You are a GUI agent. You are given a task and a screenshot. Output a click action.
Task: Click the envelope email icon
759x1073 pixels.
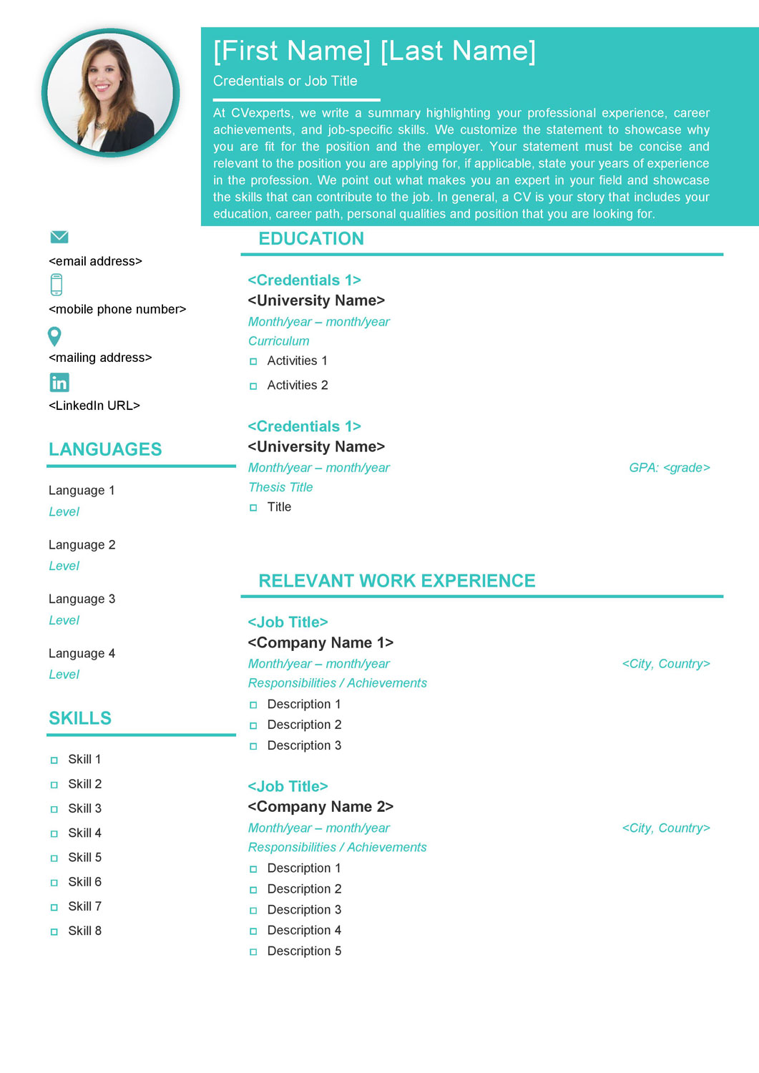tap(59, 237)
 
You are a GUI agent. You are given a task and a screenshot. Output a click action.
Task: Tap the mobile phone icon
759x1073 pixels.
tap(57, 285)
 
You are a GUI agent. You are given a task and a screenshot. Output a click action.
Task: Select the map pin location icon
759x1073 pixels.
tap(54, 335)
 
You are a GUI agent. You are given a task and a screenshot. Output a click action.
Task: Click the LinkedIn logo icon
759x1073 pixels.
tap(59, 383)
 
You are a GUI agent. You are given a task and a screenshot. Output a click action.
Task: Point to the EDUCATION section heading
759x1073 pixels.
tap(311, 239)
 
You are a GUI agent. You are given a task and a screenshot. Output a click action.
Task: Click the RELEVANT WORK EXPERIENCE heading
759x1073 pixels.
tap(396, 581)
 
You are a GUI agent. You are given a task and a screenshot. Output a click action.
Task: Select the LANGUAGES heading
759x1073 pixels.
tap(105, 449)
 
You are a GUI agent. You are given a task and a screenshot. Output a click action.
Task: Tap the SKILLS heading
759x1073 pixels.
tap(80, 718)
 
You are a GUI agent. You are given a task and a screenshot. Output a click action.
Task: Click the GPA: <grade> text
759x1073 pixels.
tap(669, 468)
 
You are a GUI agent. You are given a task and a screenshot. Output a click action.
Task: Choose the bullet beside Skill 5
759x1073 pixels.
tap(54, 858)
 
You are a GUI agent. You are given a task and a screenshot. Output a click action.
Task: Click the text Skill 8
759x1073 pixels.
tap(84, 931)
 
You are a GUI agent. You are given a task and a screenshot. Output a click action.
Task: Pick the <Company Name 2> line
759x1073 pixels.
tap(320, 807)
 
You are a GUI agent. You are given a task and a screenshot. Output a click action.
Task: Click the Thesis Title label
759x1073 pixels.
tap(280, 487)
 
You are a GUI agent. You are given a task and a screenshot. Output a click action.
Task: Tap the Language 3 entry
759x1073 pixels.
tap(82, 599)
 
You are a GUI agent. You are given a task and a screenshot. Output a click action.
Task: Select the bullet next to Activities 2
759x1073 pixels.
tap(253, 386)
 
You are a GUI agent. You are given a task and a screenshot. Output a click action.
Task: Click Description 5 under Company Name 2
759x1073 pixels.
tap(304, 951)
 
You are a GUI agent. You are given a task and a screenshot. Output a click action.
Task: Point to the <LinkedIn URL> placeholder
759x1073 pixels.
tap(94, 406)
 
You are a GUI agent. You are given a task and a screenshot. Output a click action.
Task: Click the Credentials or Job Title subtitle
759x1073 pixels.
tap(285, 82)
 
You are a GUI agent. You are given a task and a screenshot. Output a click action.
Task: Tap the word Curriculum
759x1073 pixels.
tap(279, 341)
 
